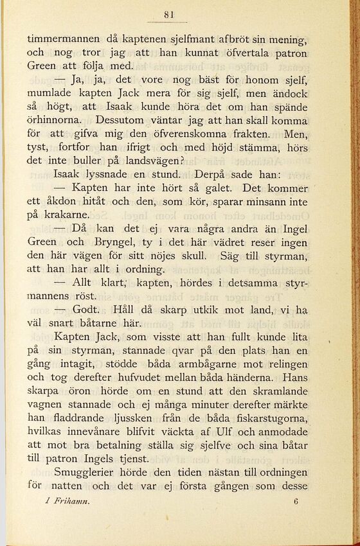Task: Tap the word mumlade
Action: [x=52, y=93]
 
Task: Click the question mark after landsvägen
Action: [x=184, y=161]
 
